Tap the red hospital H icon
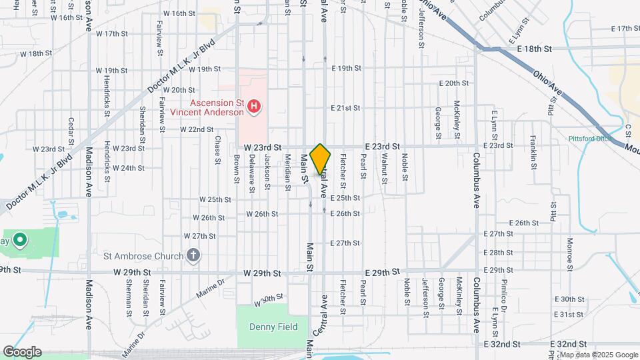[x=253, y=105]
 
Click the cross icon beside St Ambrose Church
[x=193, y=255]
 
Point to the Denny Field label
[x=262, y=327]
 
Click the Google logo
[x=21, y=352]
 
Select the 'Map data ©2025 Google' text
[x=597, y=355]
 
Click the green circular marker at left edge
[x=20, y=240]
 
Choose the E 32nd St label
[x=501, y=344]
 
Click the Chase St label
[x=218, y=149]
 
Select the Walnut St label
[x=385, y=165]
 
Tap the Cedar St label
[x=71, y=131]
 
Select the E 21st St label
[x=346, y=108]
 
